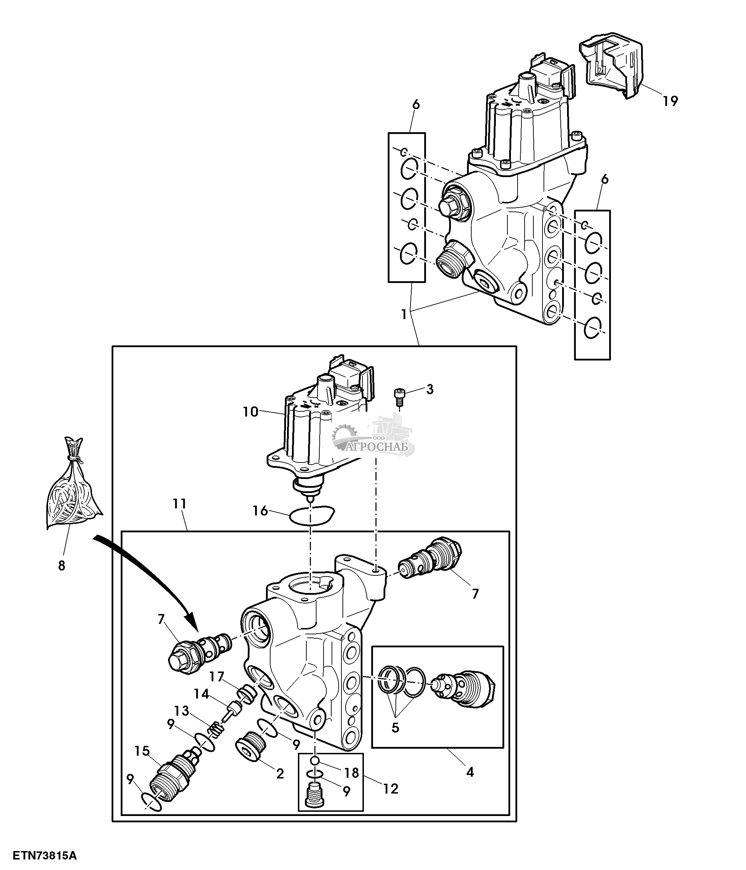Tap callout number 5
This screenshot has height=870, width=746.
(x=395, y=727)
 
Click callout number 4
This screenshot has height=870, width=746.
(x=469, y=771)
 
